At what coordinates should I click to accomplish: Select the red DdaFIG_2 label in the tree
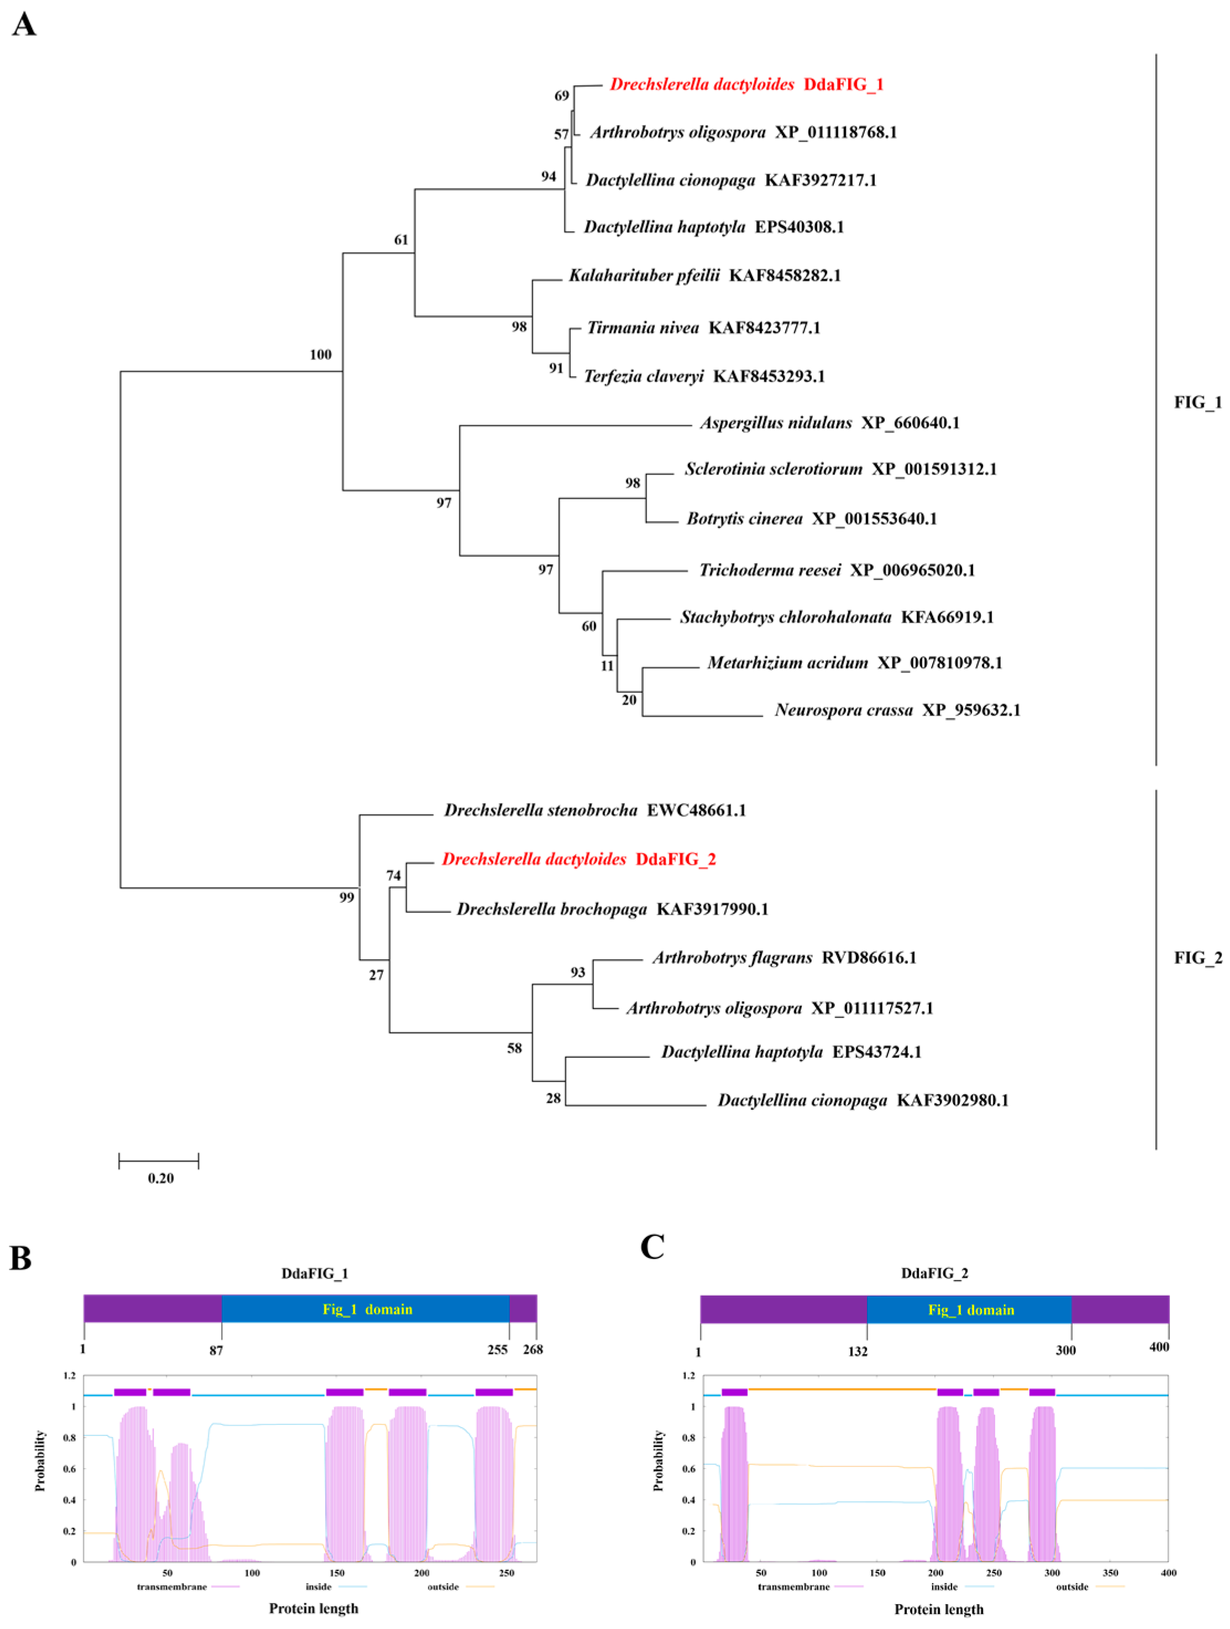click(675, 859)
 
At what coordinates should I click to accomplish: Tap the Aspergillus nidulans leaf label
click(776, 422)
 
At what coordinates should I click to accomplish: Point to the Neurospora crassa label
click(844, 710)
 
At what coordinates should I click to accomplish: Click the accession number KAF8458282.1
click(785, 275)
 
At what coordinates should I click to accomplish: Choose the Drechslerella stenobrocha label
click(540, 810)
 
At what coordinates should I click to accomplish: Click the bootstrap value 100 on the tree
click(320, 355)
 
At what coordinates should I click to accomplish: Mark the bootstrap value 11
click(607, 666)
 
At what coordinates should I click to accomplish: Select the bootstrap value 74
click(394, 876)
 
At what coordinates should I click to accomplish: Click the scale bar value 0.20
click(160, 1178)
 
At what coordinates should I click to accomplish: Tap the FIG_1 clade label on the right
click(1197, 402)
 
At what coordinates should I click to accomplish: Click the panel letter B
click(20, 1259)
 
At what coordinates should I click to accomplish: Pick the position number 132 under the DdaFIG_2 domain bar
click(858, 1351)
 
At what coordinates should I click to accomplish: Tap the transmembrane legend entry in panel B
click(171, 1586)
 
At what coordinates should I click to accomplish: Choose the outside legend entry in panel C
click(1072, 1586)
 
